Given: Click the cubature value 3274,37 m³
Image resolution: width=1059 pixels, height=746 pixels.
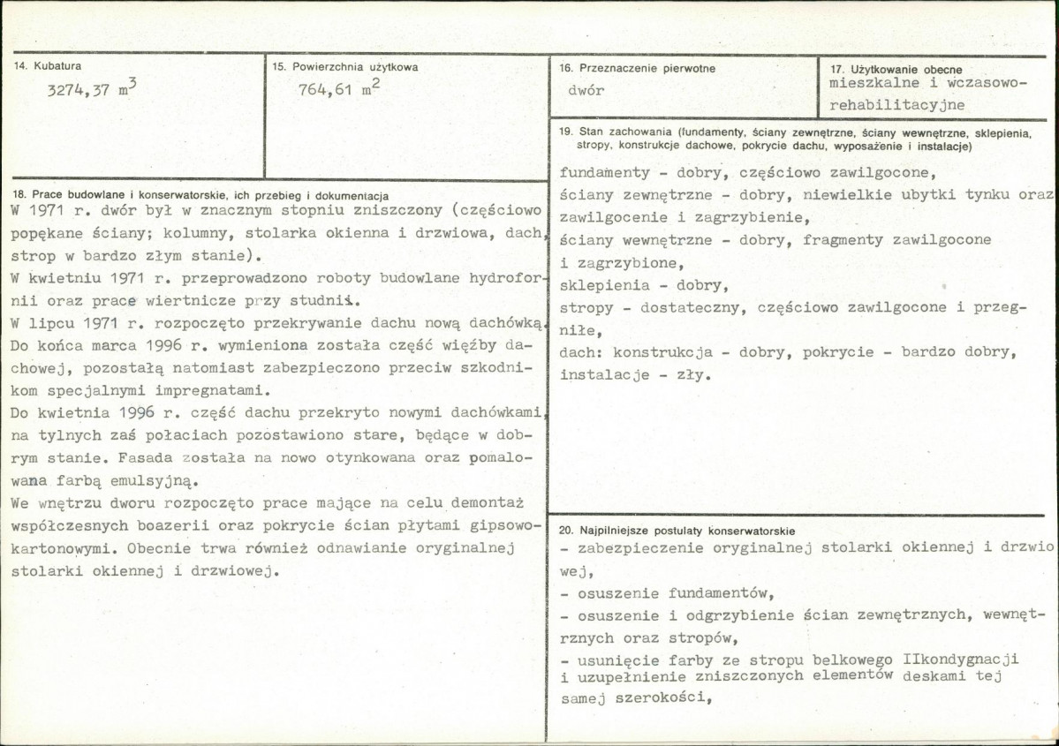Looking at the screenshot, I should pyautogui.click(x=92, y=90).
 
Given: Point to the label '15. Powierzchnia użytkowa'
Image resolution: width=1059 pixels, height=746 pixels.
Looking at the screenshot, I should pyautogui.click(x=344, y=66).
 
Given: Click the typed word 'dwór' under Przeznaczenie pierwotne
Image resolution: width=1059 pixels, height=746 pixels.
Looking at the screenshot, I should pyautogui.click(x=586, y=90).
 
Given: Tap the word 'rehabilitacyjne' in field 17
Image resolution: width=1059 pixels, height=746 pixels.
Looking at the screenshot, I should pyautogui.click(x=897, y=104).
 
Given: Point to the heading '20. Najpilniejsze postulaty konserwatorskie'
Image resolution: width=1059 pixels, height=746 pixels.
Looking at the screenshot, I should pyautogui.click(x=677, y=531).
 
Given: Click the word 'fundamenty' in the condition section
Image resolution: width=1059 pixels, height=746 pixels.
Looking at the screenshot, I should pyautogui.click(x=605, y=173).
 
